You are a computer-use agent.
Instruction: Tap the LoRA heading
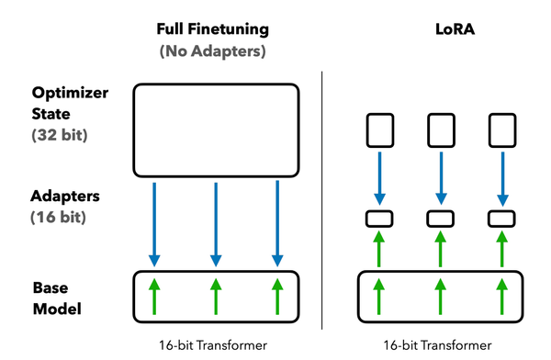point(437,29)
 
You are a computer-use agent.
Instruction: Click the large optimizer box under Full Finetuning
point(216,129)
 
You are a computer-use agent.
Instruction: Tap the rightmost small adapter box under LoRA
point(500,219)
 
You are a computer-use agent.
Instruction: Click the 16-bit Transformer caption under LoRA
point(437,346)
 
